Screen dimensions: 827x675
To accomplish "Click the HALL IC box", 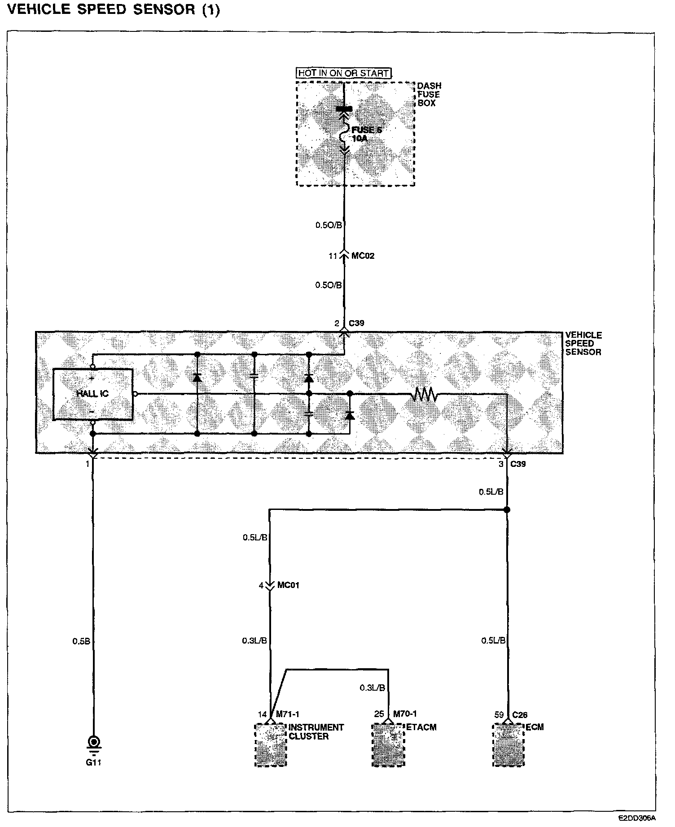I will coord(93,394).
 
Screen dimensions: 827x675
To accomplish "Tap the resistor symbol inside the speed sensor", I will coord(424,394).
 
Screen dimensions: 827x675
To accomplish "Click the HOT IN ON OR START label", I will coord(343,73).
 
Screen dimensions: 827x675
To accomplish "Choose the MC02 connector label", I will coord(363,256).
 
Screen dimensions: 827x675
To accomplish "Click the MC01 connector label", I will coord(288,585).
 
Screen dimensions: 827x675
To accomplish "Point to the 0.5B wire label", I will coord(81,641).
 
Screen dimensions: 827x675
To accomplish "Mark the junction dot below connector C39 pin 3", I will coord(507,509).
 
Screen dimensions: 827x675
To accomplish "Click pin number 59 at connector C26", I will coord(499,715).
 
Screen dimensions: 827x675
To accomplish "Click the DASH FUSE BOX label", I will coord(429,94).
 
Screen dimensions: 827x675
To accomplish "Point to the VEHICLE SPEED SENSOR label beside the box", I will coord(583,344).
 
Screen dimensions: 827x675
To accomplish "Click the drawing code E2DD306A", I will coord(637,818).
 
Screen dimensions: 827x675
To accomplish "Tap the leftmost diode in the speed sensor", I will coord(197,378).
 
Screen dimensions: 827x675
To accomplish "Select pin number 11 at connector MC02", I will coord(333,256).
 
